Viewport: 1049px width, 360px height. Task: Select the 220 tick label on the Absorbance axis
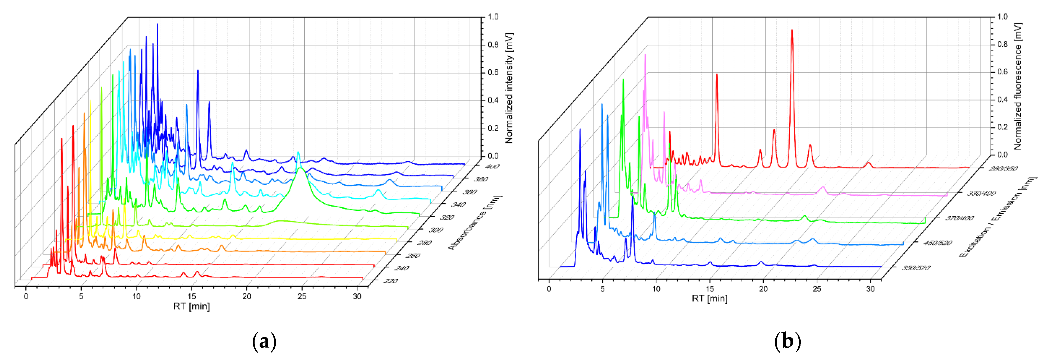pos(390,281)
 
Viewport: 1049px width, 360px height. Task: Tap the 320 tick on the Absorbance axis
pos(447,217)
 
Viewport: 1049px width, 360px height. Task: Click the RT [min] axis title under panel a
pos(191,306)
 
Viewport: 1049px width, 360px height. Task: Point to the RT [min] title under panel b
pos(709,299)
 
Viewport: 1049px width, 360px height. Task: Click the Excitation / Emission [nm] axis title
pos(998,217)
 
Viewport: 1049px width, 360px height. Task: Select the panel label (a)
pos(264,341)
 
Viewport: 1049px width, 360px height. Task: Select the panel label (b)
pos(787,341)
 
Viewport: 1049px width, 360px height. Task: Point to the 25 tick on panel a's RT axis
pos(302,297)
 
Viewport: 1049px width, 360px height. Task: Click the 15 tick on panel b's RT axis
pos(710,289)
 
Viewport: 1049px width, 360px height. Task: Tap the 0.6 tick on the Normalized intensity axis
pos(493,72)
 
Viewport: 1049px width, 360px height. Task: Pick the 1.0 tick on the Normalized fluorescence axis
pos(1002,17)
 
